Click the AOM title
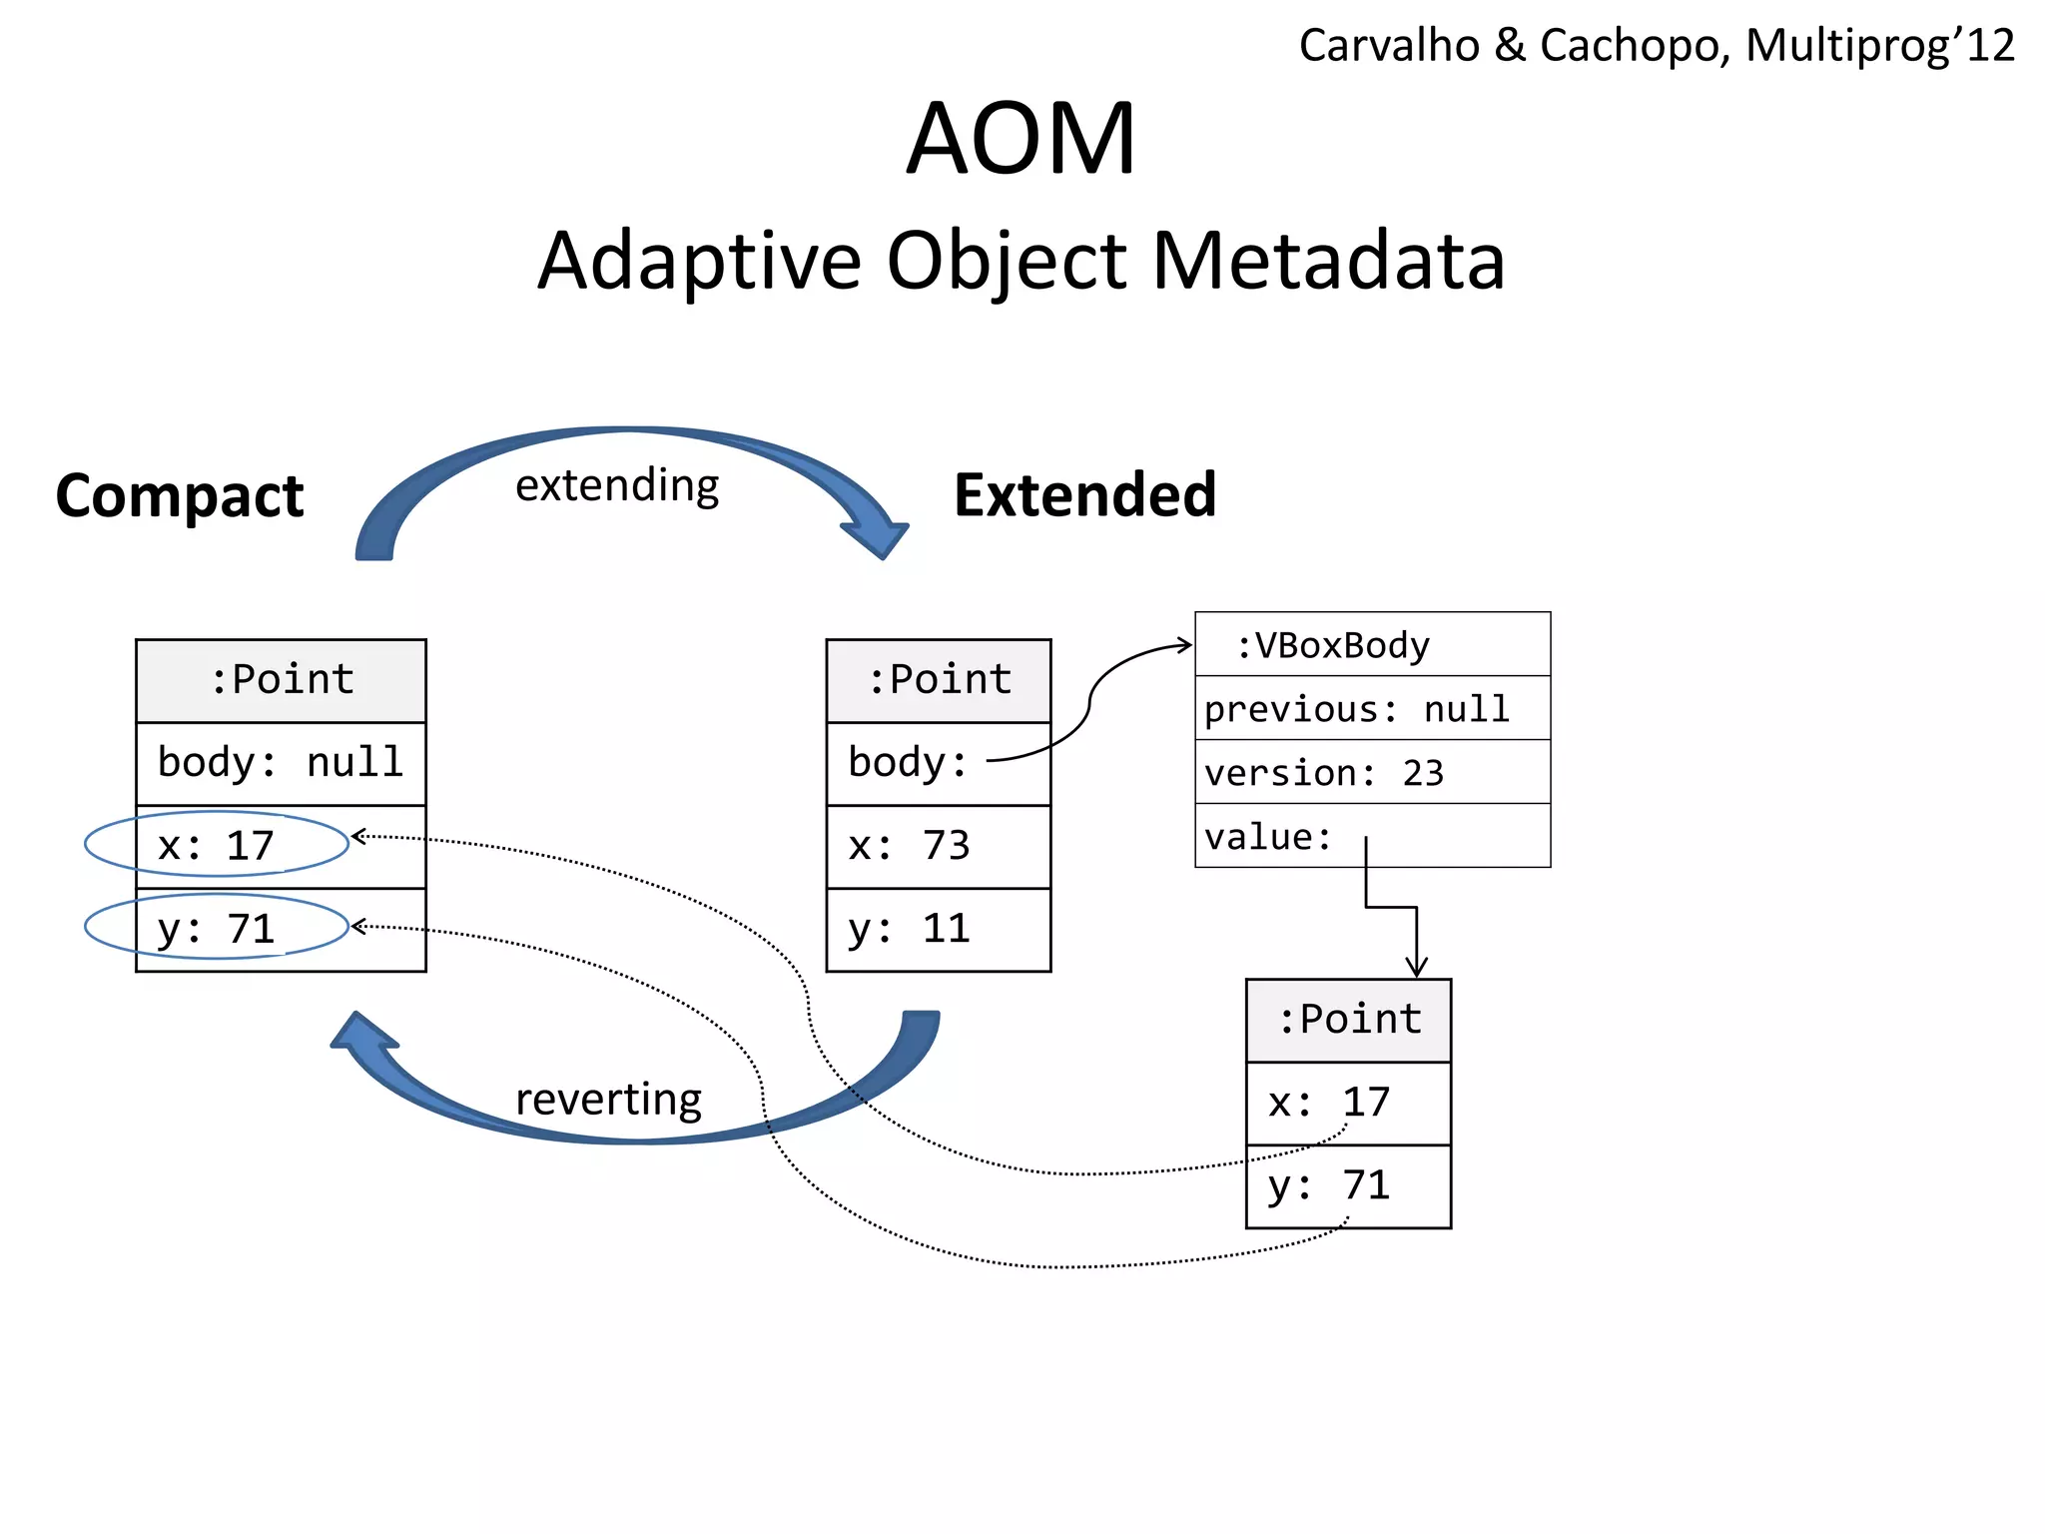[x=1021, y=140]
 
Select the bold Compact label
[x=180, y=496]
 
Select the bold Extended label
[x=1084, y=495]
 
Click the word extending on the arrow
[x=617, y=486]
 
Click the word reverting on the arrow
[x=608, y=1100]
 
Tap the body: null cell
[x=281, y=763]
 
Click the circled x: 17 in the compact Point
[x=217, y=846]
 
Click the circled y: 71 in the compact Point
[x=217, y=929]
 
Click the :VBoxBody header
[x=1333, y=645]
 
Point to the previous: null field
[x=1356, y=709]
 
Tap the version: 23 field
[x=1324, y=773]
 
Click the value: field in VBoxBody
[x=1269, y=837]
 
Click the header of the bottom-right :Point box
[x=1349, y=1020]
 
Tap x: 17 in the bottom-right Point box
[x=1329, y=1103]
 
